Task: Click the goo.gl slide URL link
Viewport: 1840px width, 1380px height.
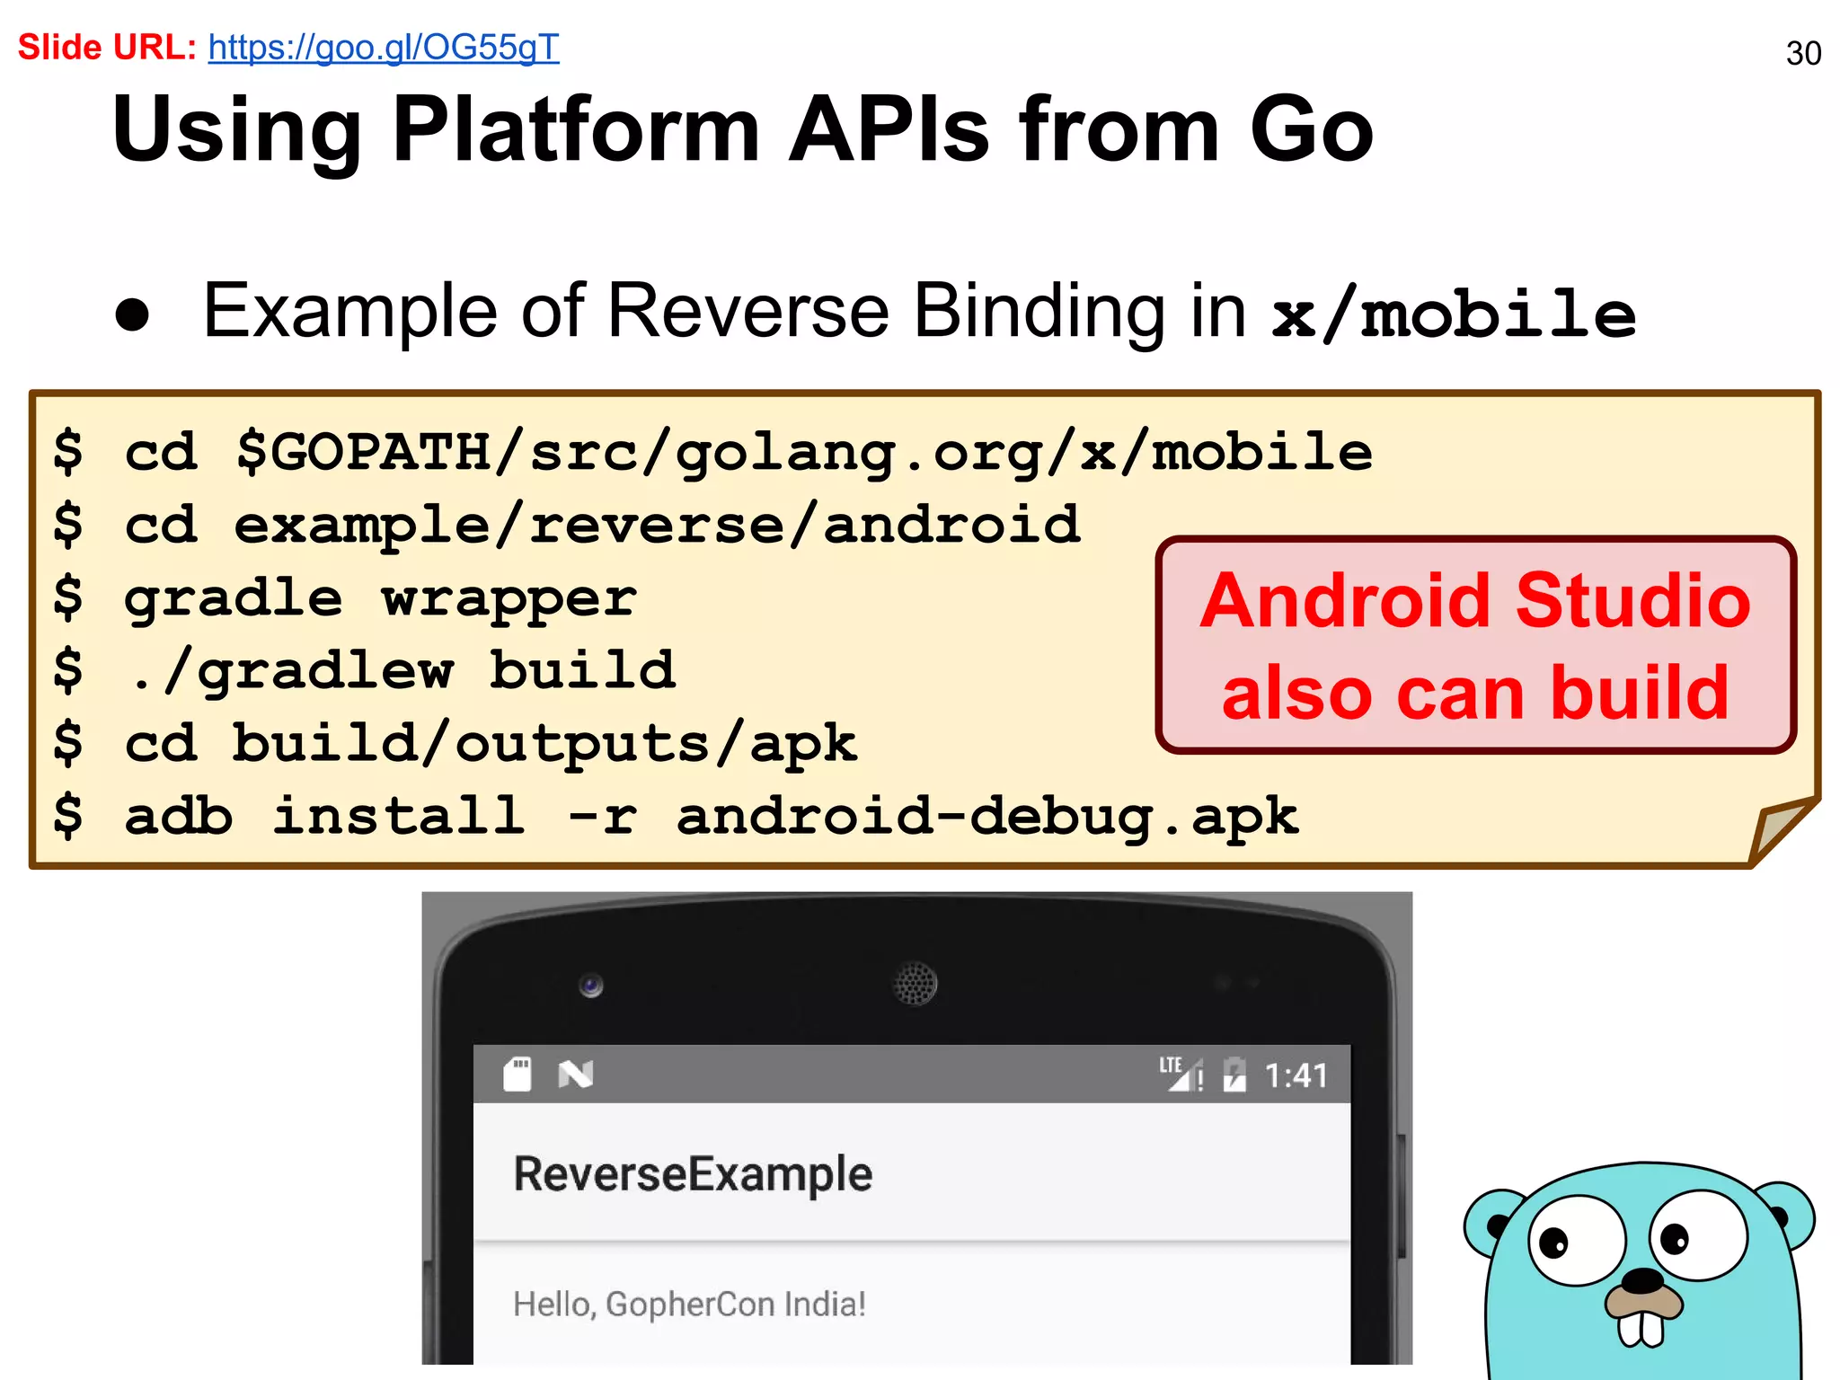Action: (384, 48)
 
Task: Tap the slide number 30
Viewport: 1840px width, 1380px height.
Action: (1803, 54)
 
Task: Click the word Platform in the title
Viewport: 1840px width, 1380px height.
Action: (576, 130)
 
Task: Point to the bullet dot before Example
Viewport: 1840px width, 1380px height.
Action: (133, 315)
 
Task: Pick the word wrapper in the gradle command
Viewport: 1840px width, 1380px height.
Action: (509, 598)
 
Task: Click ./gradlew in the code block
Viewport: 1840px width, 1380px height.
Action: (290, 670)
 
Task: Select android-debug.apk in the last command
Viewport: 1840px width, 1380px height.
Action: (987, 817)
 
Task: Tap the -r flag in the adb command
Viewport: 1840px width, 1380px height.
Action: (602, 817)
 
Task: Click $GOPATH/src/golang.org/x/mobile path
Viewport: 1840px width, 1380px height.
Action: (804, 451)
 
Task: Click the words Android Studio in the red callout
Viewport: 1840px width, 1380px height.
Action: (1475, 600)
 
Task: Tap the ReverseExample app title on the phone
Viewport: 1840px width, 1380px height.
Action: (693, 1174)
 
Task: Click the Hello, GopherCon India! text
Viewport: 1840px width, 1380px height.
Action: (689, 1304)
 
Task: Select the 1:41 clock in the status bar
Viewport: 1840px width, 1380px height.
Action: (1296, 1075)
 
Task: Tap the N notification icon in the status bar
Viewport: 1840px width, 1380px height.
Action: (575, 1075)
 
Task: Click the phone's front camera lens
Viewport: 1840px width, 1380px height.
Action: (590, 986)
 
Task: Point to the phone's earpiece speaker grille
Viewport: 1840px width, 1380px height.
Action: (915, 984)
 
